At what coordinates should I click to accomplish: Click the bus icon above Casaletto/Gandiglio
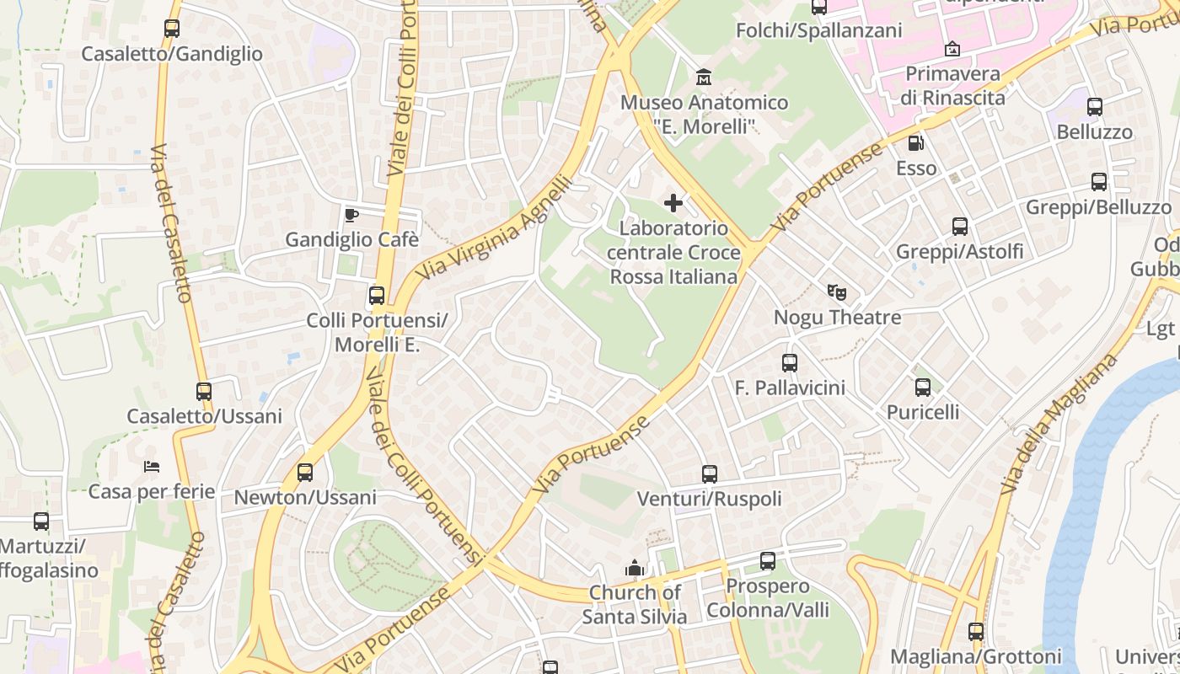[x=172, y=28]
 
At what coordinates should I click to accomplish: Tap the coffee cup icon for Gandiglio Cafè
[x=351, y=214]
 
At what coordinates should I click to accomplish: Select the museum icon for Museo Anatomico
[x=704, y=78]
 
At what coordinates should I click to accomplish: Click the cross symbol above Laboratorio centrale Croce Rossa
[x=673, y=203]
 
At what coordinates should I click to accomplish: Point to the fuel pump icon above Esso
[x=916, y=143]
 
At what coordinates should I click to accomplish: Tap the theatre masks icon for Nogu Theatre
[x=836, y=292]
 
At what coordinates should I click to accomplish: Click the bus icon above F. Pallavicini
[x=790, y=363]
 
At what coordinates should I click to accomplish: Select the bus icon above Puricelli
[x=923, y=388]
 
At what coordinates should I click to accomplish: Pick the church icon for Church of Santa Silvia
[x=635, y=568]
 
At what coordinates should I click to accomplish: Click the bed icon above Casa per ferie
[x=152, y=466]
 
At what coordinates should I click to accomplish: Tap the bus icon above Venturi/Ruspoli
[x=710, y=474]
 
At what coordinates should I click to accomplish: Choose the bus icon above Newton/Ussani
[x=305, y=473]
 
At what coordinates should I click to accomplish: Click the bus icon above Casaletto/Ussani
[x=204, y=392]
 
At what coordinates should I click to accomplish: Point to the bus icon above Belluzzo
[x=1095, y=107]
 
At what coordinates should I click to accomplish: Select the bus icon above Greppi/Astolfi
[x=960, y=227]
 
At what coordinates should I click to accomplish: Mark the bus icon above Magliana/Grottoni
[x=976, y=631]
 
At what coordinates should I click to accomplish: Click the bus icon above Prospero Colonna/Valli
[x=768, y=561]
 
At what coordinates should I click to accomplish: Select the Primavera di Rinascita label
[x=952, y=85]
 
